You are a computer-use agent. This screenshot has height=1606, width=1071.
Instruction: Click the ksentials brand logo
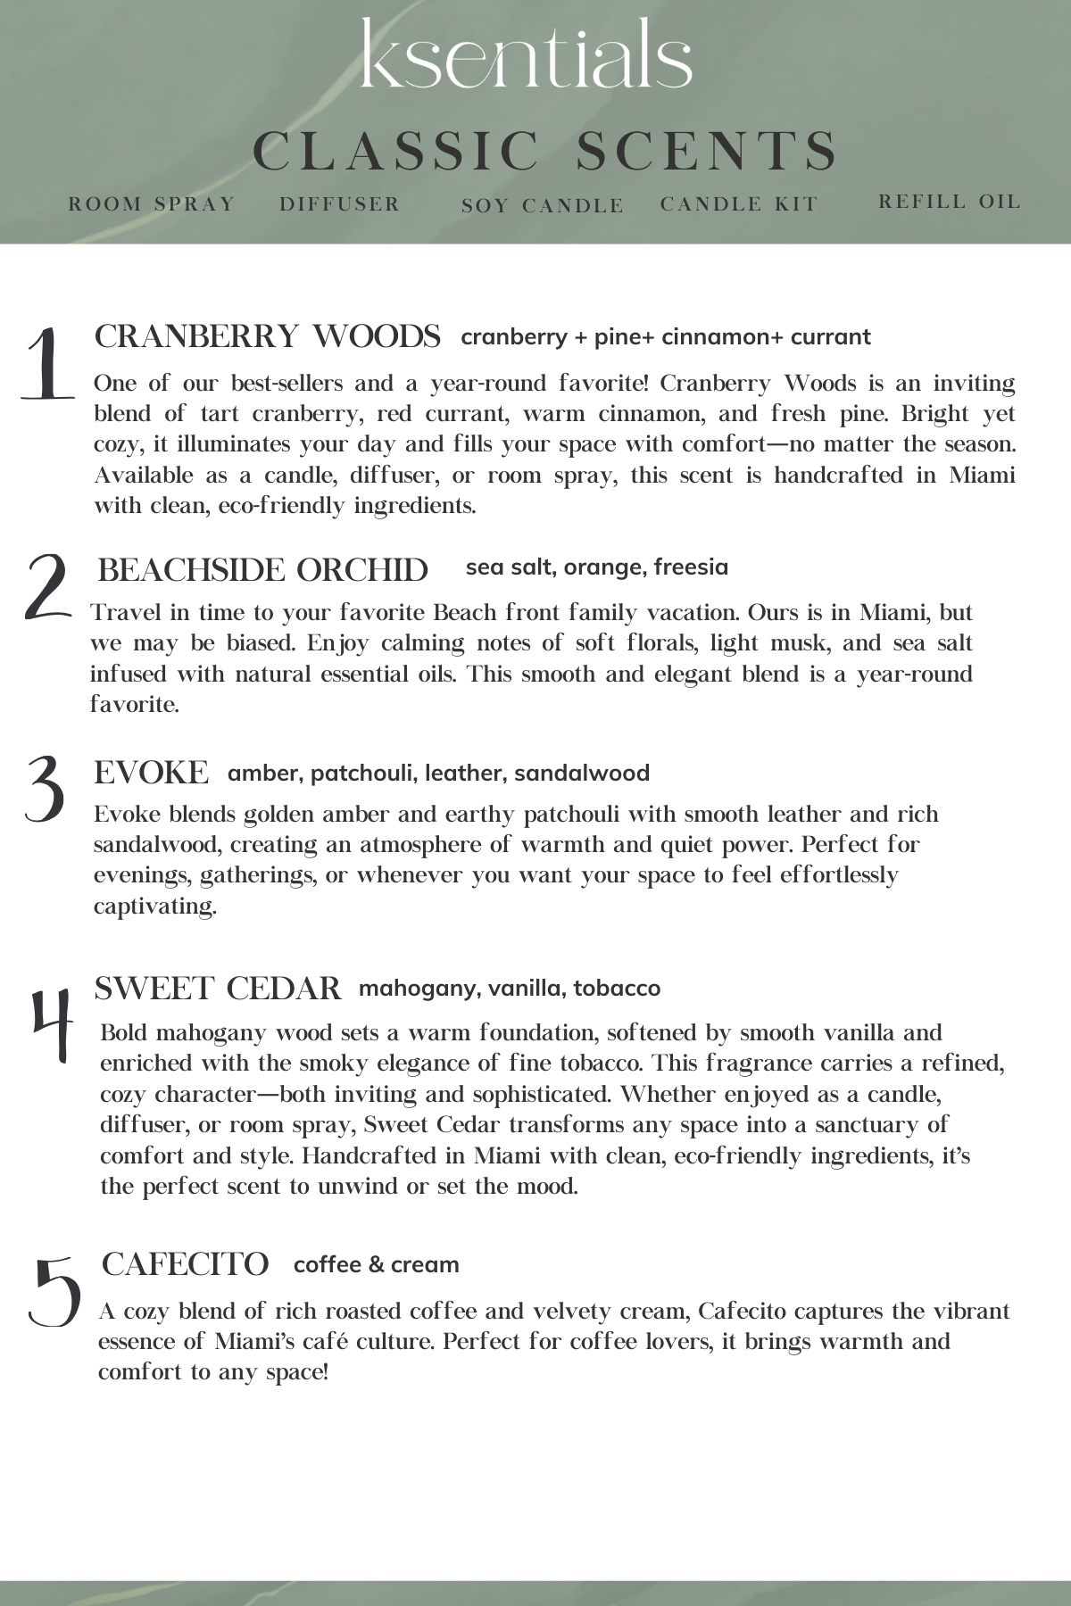tap(527, 55)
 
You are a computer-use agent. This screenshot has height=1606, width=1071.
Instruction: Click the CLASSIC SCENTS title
tap(545, 151)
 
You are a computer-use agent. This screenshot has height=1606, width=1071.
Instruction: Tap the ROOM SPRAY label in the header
tap(152, 204)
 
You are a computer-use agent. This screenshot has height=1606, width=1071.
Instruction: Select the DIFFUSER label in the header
tap(340, 204)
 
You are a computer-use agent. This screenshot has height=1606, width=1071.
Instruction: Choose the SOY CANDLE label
tap(543, 206)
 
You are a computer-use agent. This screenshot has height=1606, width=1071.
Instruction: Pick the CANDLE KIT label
tap(739, 204)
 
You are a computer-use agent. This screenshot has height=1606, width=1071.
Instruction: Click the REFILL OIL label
tap(950, 202)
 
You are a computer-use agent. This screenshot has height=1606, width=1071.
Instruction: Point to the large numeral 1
tap(46, 364)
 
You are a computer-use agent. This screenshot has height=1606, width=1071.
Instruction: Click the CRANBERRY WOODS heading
tap(268, 337)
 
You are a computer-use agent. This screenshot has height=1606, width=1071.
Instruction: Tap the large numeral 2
tap(46, 586)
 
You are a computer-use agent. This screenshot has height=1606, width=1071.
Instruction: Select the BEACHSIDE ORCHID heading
tap(263, 570)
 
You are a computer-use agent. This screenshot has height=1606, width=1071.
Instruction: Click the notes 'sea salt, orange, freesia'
tap(597, 567)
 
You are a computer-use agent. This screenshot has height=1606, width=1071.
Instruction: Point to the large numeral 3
tap(45, 789)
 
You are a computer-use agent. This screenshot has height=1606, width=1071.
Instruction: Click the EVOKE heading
tap(152, 773)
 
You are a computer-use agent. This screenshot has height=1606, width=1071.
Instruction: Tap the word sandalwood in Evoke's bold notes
tap(582, 774)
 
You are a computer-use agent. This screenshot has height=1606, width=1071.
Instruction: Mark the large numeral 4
tap(51, 1024)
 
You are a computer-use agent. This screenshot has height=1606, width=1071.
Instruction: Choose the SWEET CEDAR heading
tap(218, 989)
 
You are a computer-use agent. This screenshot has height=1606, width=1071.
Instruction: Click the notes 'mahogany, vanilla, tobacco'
tap(510, 989)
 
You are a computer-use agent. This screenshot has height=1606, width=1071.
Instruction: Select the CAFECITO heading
tap(186, 1264)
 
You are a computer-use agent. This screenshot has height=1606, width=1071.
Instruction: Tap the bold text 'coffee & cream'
tap(377, 1265)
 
